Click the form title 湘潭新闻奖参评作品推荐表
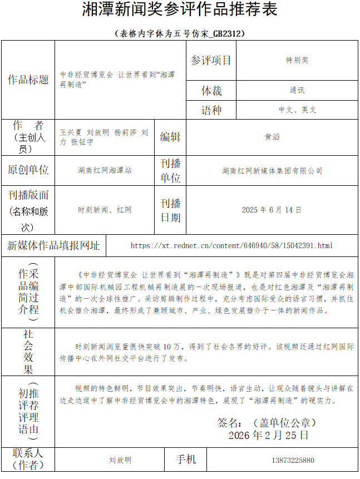[180, 9]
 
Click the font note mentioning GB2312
[180, 33]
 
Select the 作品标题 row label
[28, 80]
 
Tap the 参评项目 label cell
[211, 61]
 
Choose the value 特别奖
[297, 61]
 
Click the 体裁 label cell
[211, 90]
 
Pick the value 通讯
[297, 90]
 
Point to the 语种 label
[211, 110]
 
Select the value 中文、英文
[297, 110]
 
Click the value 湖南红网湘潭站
[105, 171]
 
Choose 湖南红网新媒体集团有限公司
[272, 171]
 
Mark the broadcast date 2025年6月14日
[272, 210]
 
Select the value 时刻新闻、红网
[105, 210]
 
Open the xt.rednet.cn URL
[231, 245]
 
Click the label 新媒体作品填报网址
[53, 245]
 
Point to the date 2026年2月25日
[268, 435]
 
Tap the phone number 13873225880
[293, 461]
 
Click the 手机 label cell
[186, 460]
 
